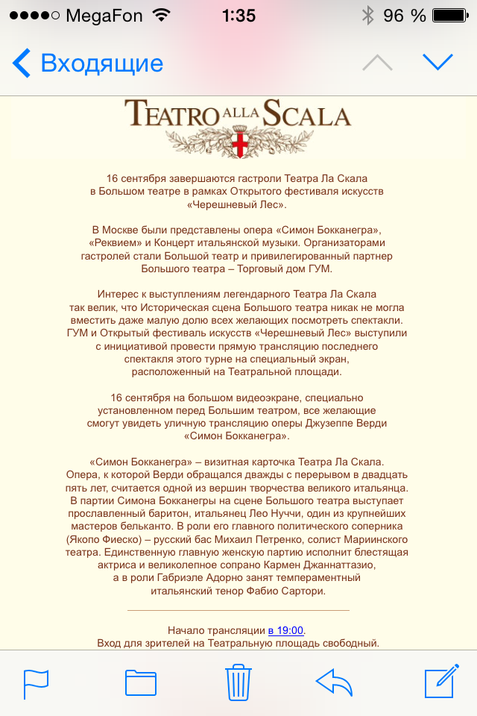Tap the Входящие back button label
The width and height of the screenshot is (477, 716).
click(102, 63)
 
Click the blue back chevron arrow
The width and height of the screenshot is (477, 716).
click(22, 63)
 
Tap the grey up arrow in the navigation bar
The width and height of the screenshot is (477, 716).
click(377, 63)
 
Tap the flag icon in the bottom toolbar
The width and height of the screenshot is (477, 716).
click(36, 683)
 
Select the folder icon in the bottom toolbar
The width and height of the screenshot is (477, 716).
click(140, 682)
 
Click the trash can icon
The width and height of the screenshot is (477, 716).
click(238, 682)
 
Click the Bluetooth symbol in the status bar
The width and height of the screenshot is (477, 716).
click(367, 16)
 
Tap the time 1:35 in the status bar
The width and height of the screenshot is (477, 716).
click(238, 16)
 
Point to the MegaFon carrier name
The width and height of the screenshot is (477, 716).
click(104, 16)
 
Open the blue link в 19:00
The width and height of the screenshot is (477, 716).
click(286, 630)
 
